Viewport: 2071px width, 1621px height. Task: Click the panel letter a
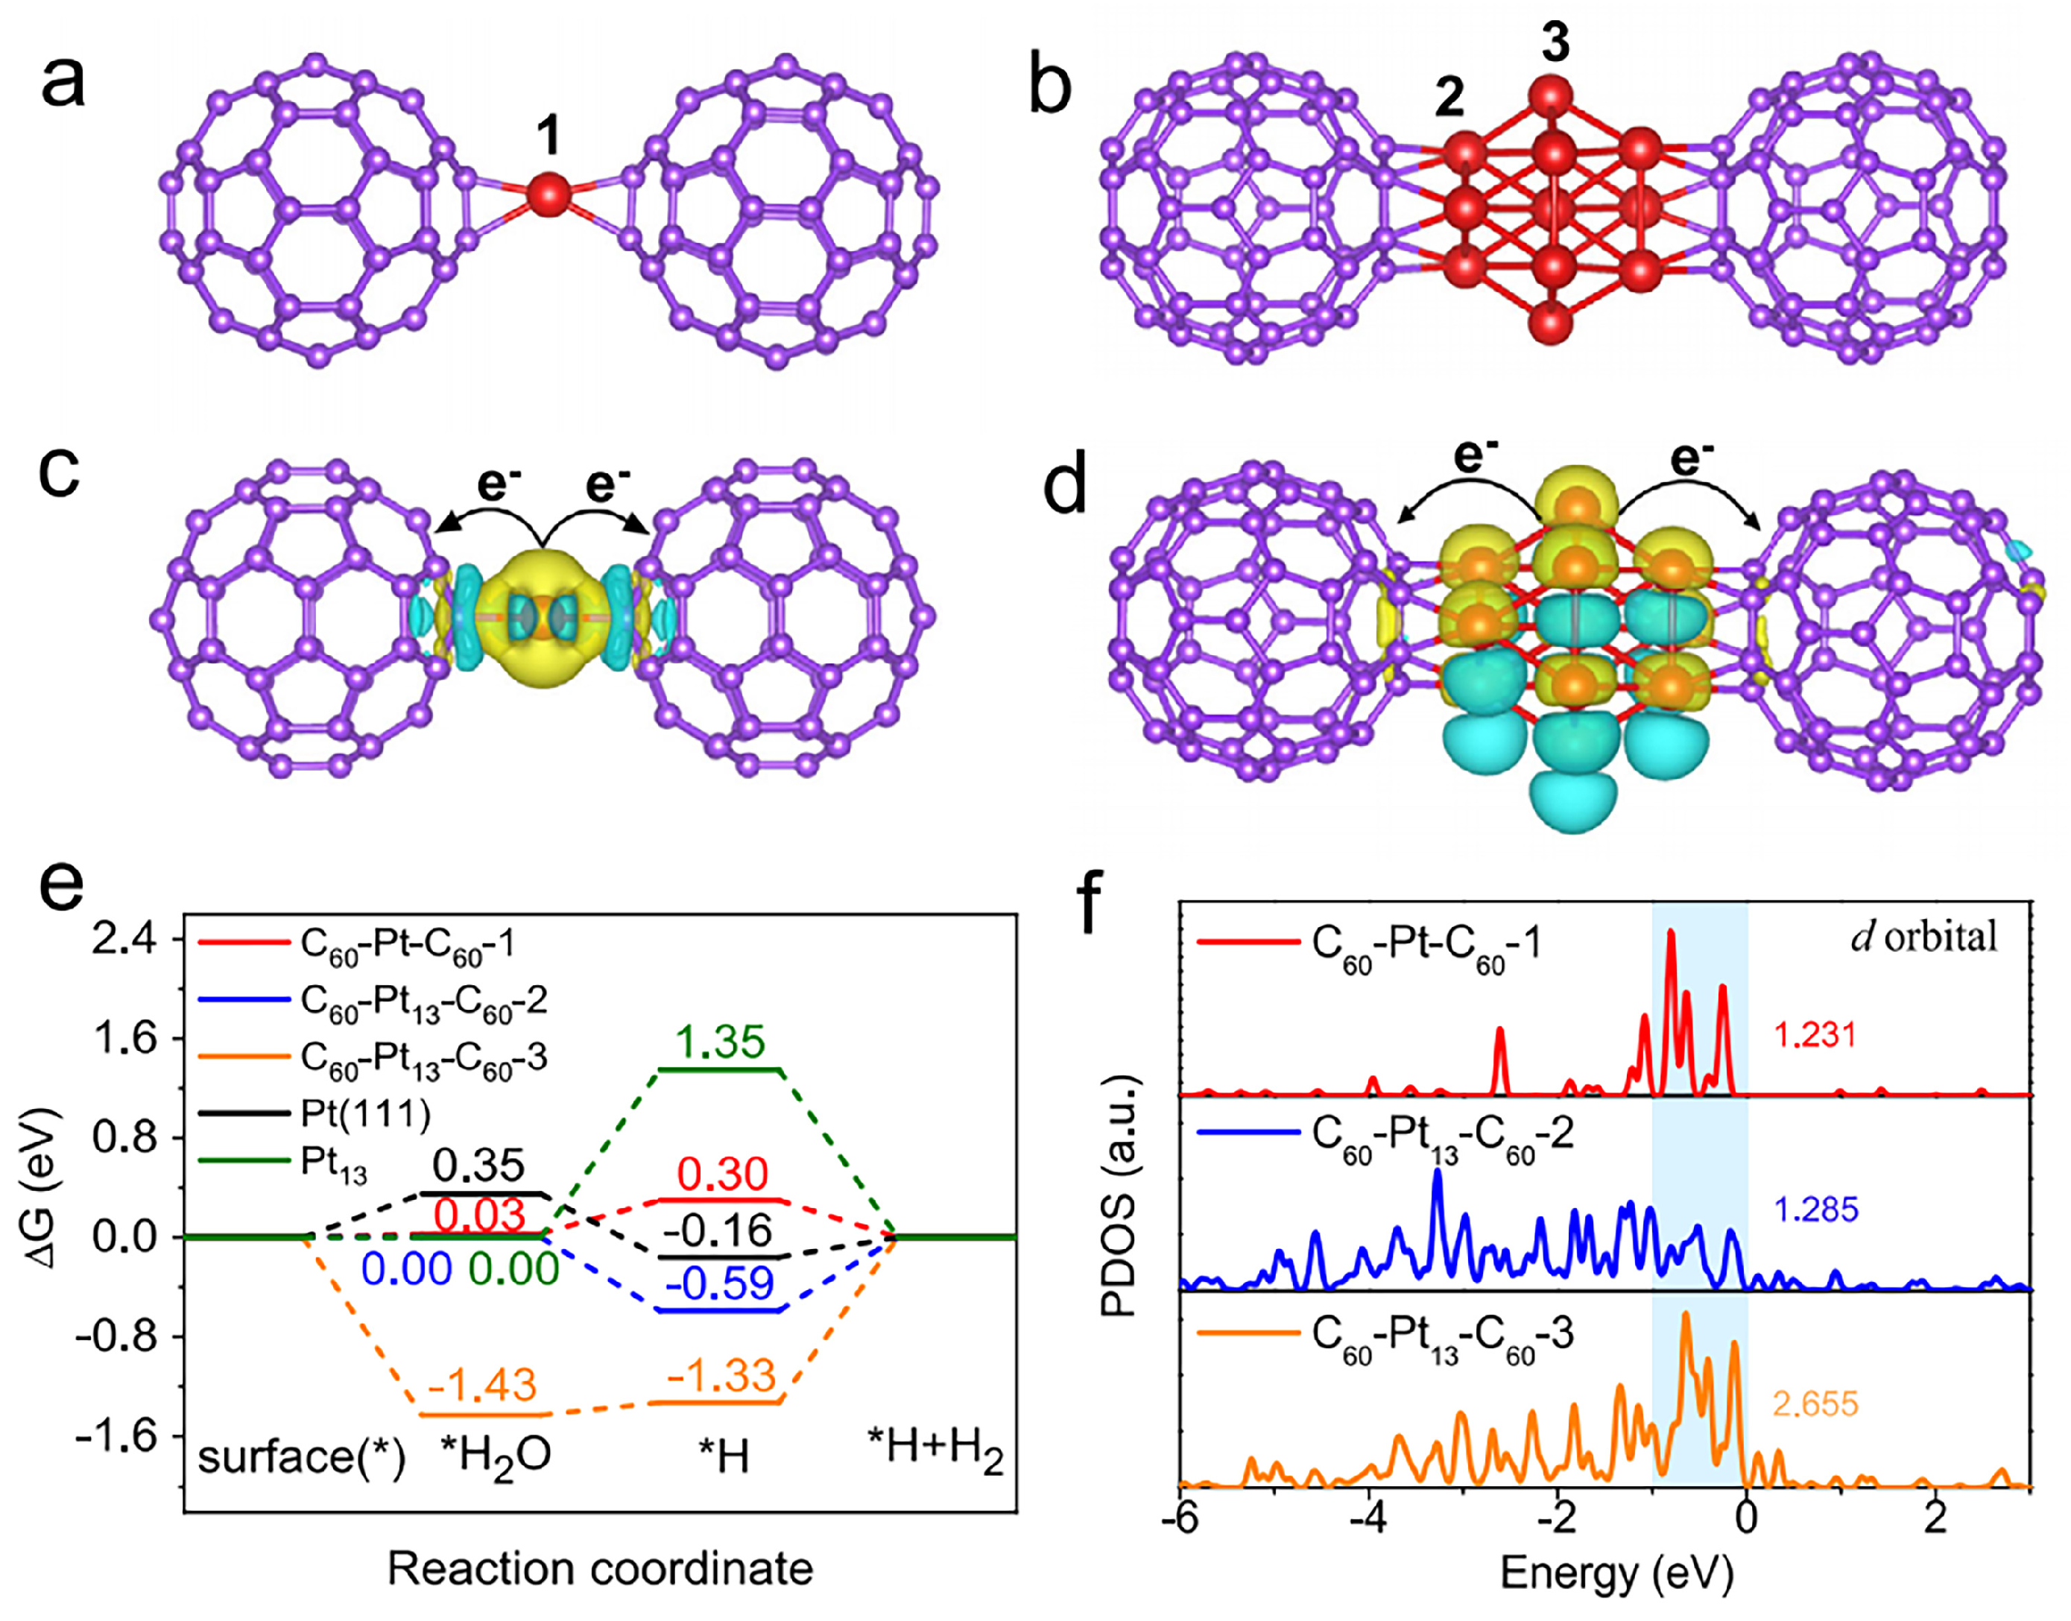pyautogui.click(x=63, y=83)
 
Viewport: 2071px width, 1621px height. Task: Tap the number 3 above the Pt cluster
pyautogui.click(x=1554, y=42)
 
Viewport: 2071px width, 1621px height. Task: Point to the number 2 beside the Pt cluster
pyautogui.click(x=1449, y=97)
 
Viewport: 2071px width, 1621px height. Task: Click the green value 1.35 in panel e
pyautogui.click(x=721, y=1042)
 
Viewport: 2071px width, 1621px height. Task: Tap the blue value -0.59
pyautogui.click(x=721, y=1284)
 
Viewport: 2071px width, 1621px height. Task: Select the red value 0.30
pyautogui.click(x=722, y=1175)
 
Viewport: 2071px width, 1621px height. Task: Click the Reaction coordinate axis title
pyautogui.click(x=600, y=1569)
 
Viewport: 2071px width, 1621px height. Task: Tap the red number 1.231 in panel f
pyautogui.click(x=1815, y=1034)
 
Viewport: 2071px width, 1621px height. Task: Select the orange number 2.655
pyautogui.click(x=1815, y=1403)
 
